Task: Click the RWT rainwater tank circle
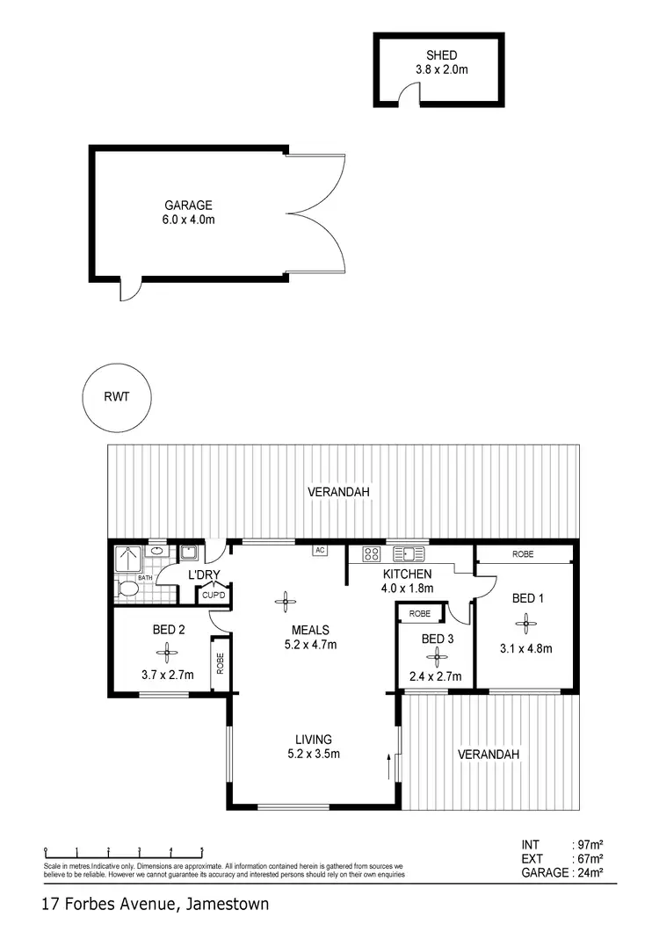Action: pos(116,397)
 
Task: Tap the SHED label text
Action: pos(438,55)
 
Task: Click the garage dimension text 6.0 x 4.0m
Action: pos(188,220)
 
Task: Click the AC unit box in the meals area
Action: pos(320,551)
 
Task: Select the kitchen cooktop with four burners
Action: pos(371,553)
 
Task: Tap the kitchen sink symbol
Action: pos(409,553)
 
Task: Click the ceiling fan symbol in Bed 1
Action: pos(526,625)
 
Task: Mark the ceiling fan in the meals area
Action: pos(286,603)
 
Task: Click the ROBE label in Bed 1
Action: pos(524,554)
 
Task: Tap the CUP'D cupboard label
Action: pos(214,595)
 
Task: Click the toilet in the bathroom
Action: pos(128,589)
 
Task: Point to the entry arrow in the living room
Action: pos(388,766)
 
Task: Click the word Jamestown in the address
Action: pos(226,904)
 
